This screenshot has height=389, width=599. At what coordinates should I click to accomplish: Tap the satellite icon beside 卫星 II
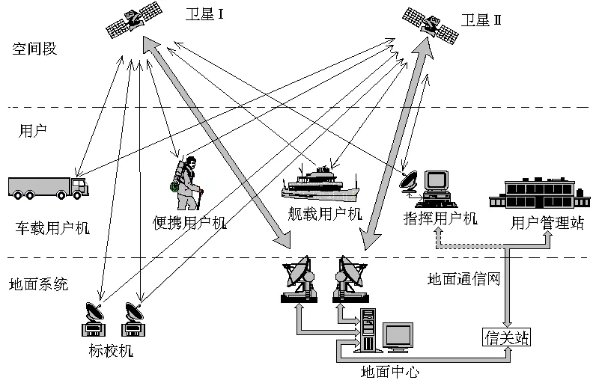tap(430, 22)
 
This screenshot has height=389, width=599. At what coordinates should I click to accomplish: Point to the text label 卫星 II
tap(481, 19)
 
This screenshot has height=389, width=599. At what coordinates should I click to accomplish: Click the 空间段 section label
tap(34, 49)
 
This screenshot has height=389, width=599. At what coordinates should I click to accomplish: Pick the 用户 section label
tap(31, 129)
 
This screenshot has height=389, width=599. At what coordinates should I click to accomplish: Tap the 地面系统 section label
tap(38, 284)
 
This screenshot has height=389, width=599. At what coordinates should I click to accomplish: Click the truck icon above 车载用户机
tap(48, 187)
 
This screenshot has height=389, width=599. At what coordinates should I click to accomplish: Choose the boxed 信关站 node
tap(506, 337)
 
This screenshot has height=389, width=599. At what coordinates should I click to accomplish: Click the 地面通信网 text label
tap(463, 279)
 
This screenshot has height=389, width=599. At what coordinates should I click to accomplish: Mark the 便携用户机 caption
tap(188, 222)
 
